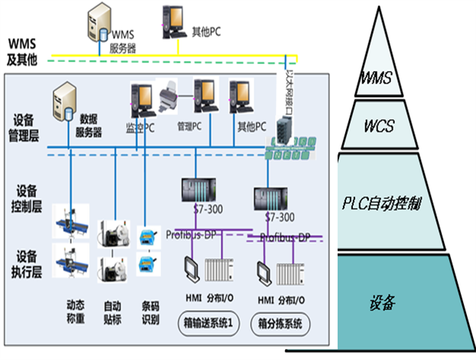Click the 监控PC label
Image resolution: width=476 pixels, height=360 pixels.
coord(140,126)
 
